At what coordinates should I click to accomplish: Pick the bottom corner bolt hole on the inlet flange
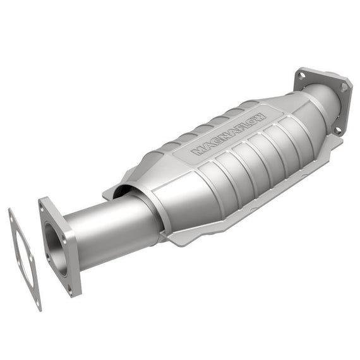click(70, 292)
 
